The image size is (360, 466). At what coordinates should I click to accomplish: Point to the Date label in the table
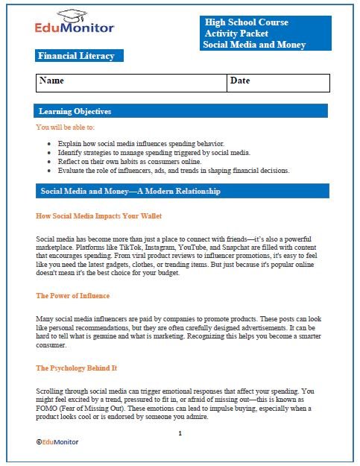(240, 80)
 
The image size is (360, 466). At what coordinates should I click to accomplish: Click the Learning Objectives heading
(75, 111)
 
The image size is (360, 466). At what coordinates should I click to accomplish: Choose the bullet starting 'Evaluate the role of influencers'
(173, 170)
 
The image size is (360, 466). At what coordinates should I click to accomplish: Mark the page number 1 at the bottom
(180, 432)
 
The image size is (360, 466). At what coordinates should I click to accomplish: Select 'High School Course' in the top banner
(247, 22)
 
